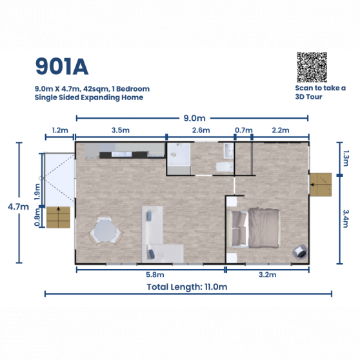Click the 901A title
coord(61,66)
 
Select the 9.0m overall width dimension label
coord(194,118)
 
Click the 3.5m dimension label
coord(120,130)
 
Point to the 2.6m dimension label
coord(201,130)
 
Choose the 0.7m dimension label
coord(243,130)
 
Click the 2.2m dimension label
coord(280,130)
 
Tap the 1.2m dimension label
coord(60,130)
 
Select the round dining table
coord(105,231)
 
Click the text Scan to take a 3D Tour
coord(321,92)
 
